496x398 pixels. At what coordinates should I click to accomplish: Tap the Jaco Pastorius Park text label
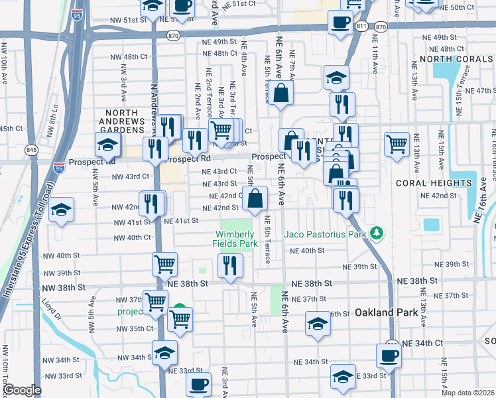pyautogui.click(x=326, y=233)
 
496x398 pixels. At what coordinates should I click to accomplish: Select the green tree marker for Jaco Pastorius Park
pyautogui.click(x=377, y=233)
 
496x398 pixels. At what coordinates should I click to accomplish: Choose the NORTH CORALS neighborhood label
pyautogui.click(x=457, y=59)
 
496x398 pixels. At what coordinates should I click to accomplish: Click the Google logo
pyautogui.click(x=22, y=390)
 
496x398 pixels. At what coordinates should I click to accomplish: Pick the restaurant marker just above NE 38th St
pyautogui.click(x=230, y=266)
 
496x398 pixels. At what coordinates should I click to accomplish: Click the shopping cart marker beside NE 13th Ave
pyautogui.click(x=397, y=144)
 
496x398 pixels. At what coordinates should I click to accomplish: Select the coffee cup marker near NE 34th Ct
pyautogui.click(x=389, y=355)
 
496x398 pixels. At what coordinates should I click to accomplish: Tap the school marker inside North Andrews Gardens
pyautogui.click(x=107, y=144)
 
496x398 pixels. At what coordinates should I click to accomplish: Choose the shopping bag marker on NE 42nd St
pyautogui.click(x=255, y=197)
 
